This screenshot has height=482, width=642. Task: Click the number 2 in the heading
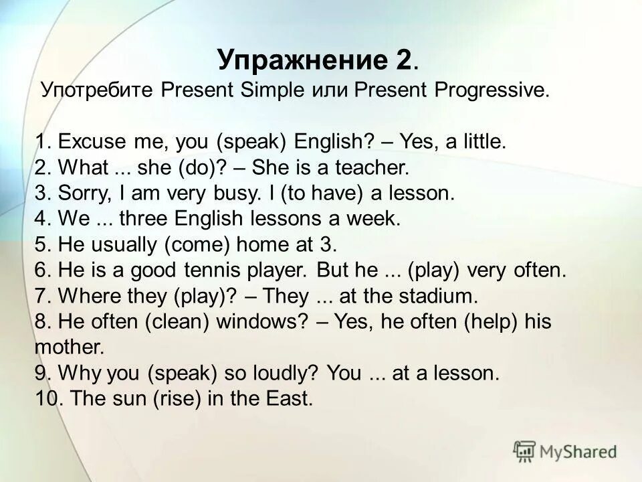click(x=401, y=61)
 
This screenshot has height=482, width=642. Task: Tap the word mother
click(x=69, y=347)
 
